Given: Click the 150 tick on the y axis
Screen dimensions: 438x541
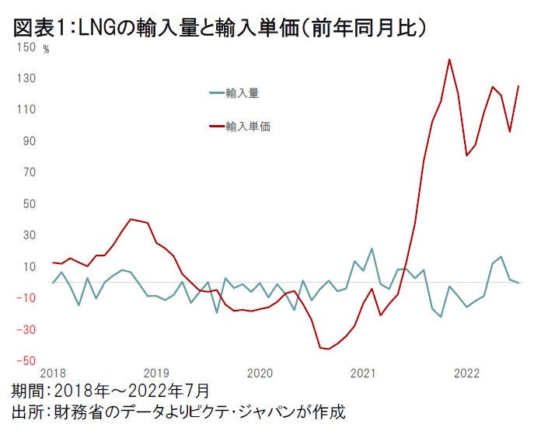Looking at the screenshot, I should click(x=26, y=47).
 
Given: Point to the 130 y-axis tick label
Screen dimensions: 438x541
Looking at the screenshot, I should click(x=26, y=78).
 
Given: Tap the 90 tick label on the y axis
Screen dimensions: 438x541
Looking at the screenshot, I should click(x=30, y=141).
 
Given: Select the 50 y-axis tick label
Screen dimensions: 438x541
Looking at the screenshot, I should click(x=30, y=203).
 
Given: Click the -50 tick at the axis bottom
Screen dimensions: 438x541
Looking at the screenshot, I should click(x=26, y=360).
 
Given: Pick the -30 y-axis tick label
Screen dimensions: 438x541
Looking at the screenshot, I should click(x=26, y=329).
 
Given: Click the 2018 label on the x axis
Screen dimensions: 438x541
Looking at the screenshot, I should click(x=53, y=374).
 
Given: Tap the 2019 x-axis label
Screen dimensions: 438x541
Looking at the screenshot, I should click(x=156, y=374).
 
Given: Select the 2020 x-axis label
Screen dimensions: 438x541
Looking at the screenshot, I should click(x=260, y=374).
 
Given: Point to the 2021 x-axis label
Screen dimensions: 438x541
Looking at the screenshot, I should click(x=363, y=374).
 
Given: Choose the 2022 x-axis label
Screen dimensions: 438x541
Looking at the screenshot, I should click(x=466, y=374).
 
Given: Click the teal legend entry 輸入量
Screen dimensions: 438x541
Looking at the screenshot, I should click(x=242, y=93).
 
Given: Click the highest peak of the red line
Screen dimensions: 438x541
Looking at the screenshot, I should click(x=449, y=59).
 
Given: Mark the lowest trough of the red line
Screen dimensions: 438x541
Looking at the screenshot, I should click(x=329, y=349).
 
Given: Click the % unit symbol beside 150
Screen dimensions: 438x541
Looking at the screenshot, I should click(x=46, y=50).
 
